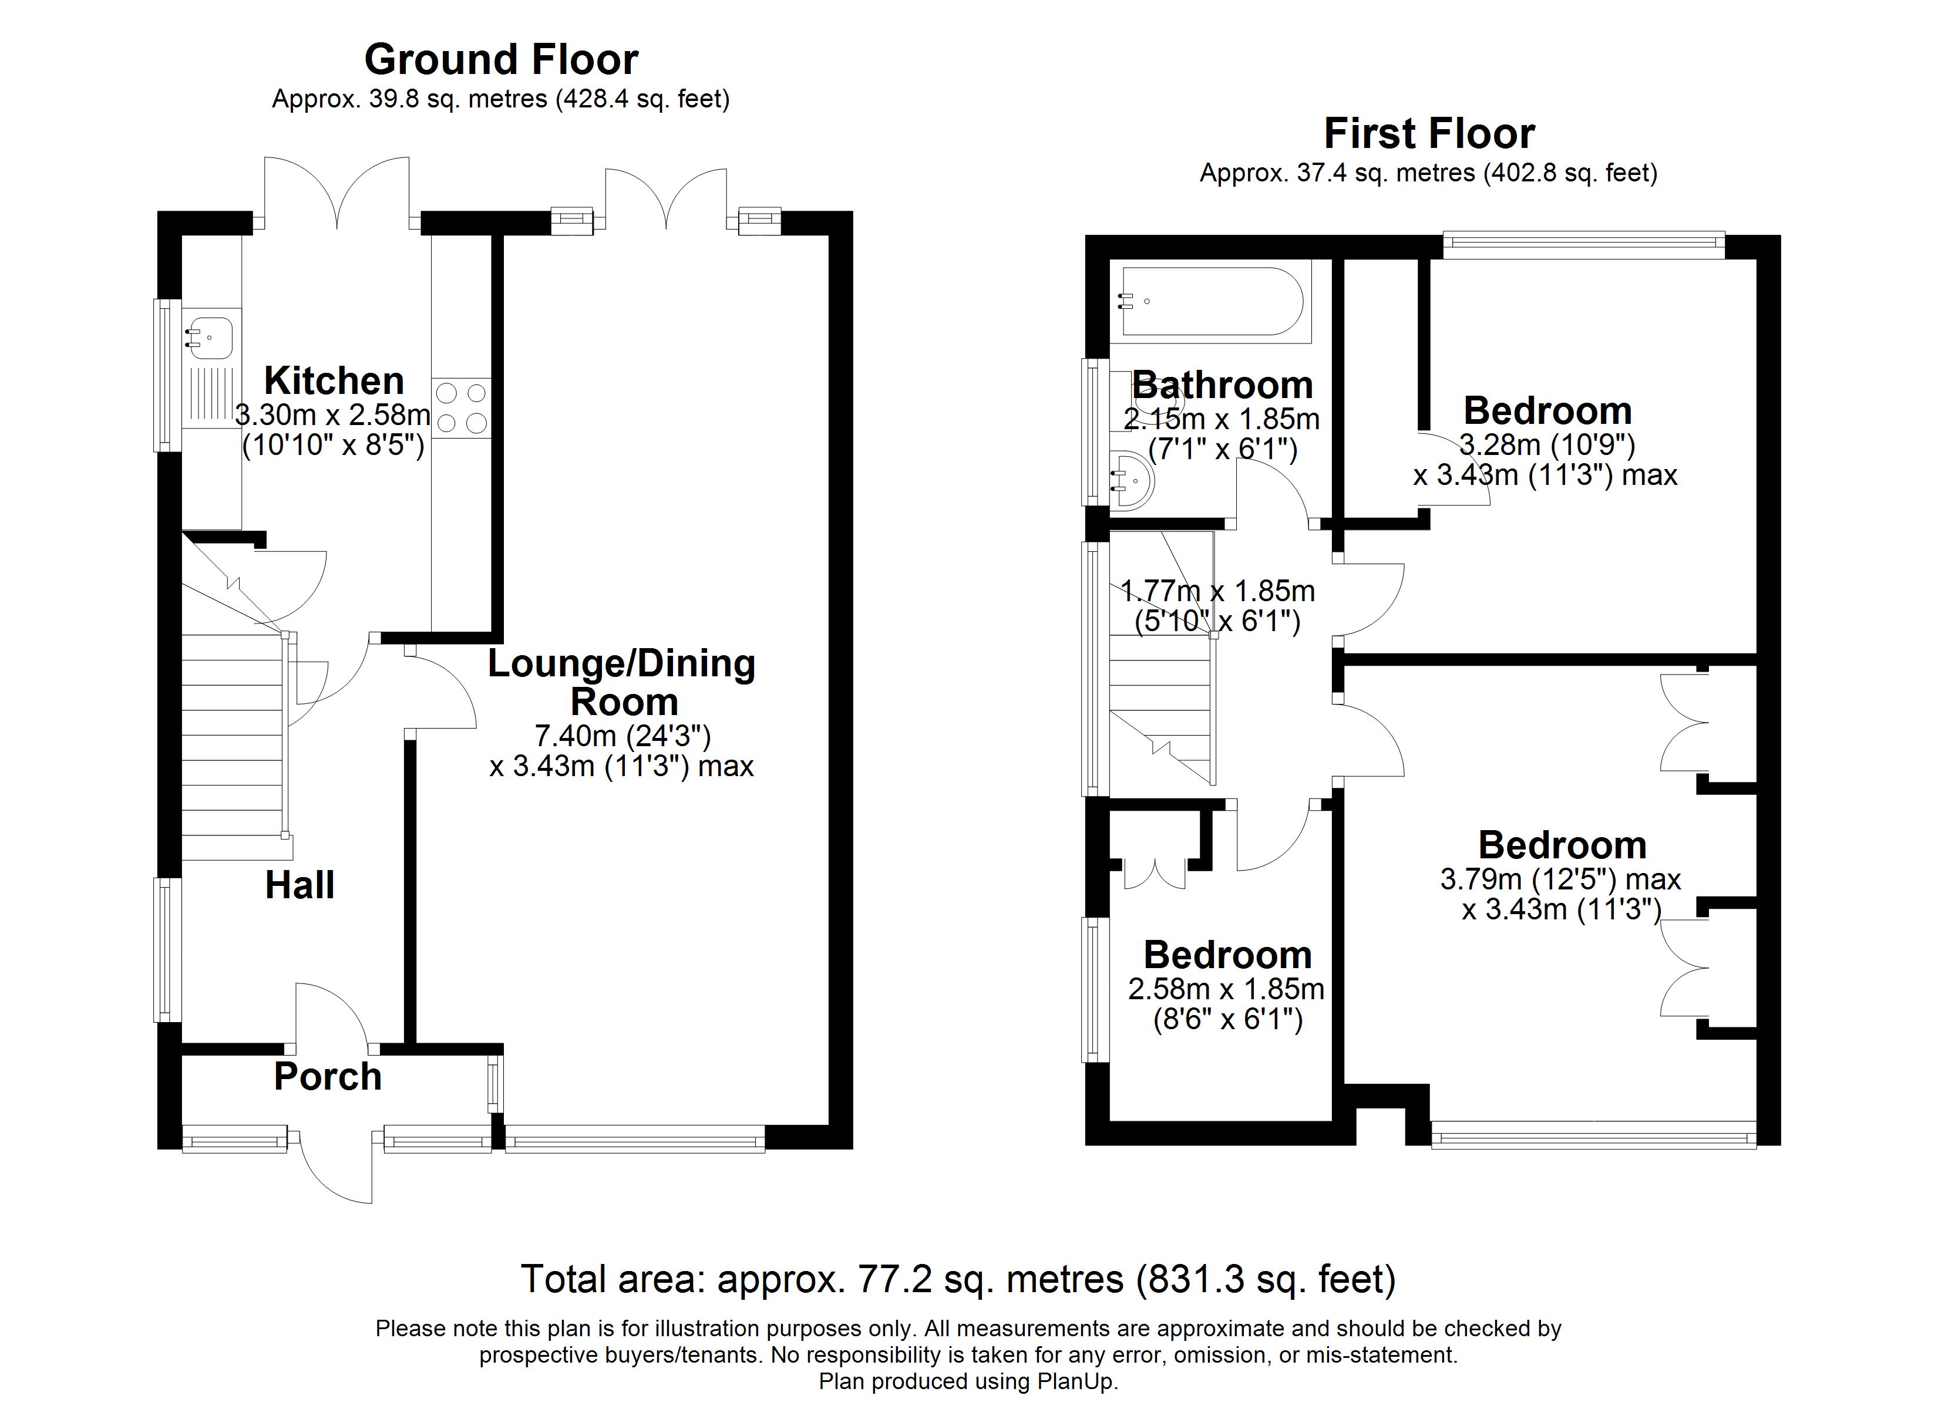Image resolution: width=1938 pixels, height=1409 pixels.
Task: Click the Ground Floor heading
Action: click(502, 60)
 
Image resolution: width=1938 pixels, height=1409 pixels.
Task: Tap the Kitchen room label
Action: click(334, 381)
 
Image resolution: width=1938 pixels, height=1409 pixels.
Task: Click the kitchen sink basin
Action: click(209, 338)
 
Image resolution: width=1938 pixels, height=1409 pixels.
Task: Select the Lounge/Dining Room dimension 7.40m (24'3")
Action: click(623, 735)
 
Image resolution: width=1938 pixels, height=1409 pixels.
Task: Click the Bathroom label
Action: click(1223, 385)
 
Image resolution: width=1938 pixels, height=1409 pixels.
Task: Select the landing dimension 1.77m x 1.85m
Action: click(1217, 591)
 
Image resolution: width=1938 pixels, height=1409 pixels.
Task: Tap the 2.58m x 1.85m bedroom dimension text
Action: click(1226, 989)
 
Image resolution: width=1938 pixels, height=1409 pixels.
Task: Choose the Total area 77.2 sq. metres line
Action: click(959, 1280)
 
